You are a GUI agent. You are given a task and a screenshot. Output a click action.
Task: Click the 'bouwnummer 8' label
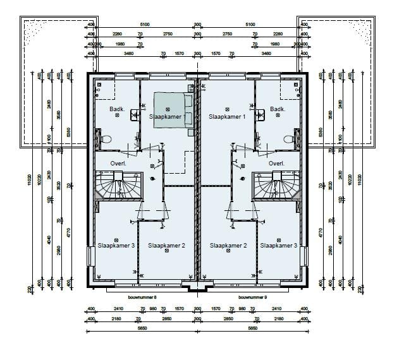pyautogui.click(x=142, y=296)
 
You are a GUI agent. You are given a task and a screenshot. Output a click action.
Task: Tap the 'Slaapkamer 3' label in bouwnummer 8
pyautogui.click(x=116, y=246)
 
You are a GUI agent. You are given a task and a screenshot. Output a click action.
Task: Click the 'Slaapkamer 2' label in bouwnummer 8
pyautogui.click(x=166, y=246)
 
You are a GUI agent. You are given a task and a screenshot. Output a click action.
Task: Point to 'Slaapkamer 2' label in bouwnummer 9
pyautogui.click(x=228, y=246)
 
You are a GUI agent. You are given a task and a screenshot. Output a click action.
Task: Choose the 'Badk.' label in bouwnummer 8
pyautogui.click(x=116, y=109)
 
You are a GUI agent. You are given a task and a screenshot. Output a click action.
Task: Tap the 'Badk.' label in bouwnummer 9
pyautogui.click(x=277, y=109)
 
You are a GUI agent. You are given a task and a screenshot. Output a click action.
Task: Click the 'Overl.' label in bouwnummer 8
pyautogui.click(x=118, y=164)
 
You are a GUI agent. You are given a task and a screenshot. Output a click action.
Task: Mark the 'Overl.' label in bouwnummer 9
pyautogui.click(x=276, y=164)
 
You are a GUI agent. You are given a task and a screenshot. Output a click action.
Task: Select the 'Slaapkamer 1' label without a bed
pyautogui.click(x=227, y=117)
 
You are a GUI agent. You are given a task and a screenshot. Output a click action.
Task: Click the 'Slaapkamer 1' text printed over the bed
pyautogui.click(x=168, y=117)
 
